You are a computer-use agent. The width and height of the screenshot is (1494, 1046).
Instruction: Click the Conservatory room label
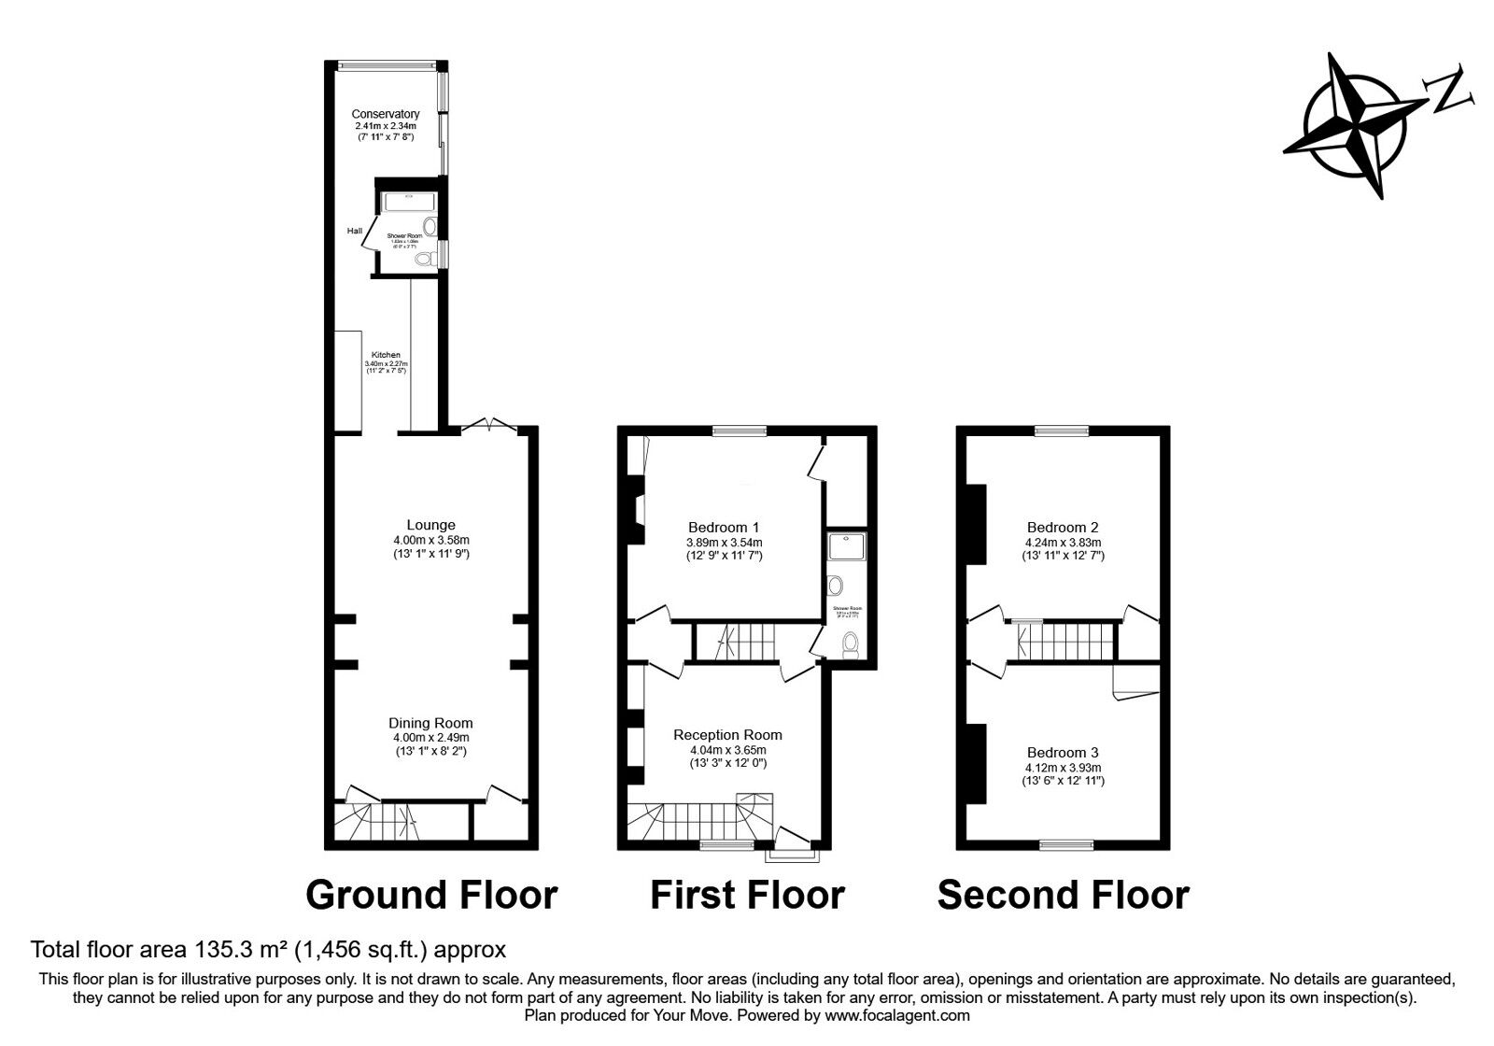click(386, 114)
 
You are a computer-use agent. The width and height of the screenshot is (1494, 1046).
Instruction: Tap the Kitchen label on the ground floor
click(386, 355)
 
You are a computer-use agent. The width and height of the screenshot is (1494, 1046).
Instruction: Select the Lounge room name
click(430, 525)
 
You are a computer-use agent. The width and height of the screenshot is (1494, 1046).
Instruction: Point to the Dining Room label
click(430, 723)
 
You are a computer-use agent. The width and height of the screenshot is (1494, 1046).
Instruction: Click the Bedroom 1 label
click(724, 527)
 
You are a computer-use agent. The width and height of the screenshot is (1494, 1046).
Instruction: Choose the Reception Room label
click(727, 735)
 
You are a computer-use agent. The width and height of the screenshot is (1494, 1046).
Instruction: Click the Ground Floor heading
click(431, 895)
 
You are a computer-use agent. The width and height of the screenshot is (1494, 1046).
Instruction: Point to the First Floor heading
click(747, 895)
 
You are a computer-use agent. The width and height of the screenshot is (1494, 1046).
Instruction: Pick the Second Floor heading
click(1063, 895)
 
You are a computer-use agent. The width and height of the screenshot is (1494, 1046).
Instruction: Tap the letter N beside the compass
click(1447, 90)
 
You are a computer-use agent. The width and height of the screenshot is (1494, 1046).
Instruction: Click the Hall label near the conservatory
click(355, 231)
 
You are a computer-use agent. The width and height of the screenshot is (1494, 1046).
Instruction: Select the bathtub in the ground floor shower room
click(408, 200)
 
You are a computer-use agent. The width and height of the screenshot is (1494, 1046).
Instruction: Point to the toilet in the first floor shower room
click(850, 644)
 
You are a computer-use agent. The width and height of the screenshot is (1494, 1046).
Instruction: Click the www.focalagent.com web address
click(897, 1015)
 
